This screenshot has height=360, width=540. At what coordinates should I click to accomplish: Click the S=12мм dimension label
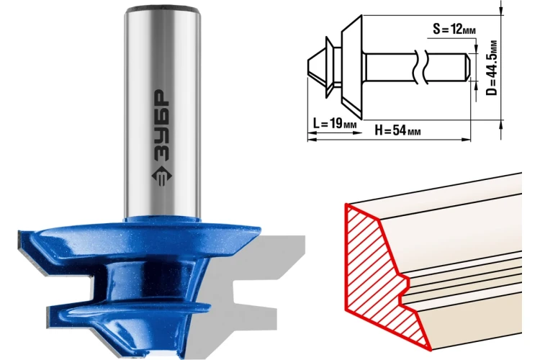[x=454, y=30]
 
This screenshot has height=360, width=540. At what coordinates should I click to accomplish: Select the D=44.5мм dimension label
[x=492, y=68]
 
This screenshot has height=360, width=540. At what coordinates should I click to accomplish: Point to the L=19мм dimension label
[x=334, y=123]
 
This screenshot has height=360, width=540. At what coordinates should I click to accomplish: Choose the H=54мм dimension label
[x=397, y=130]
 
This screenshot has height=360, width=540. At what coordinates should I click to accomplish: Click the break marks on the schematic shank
[x=420, y=66]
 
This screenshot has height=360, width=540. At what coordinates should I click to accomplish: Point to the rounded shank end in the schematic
[x=467, y=66]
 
